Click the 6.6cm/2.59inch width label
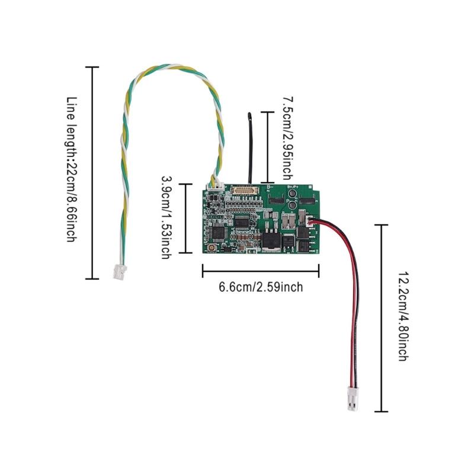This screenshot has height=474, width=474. click(x=261, y=287)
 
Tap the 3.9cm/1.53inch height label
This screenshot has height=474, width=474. click(x=166, y=216)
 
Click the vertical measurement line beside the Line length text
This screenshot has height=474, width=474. click(x=92, y=172)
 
